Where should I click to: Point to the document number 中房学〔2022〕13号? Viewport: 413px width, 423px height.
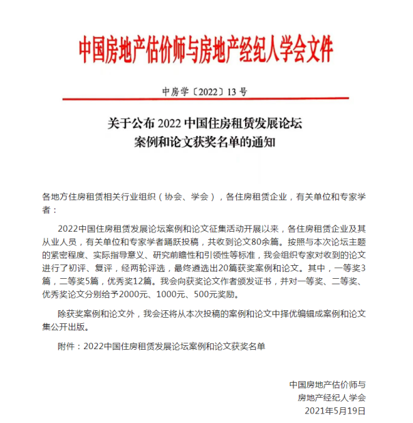click(x=205, y=91)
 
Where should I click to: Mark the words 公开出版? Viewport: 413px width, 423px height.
click(x=66, y=327)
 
